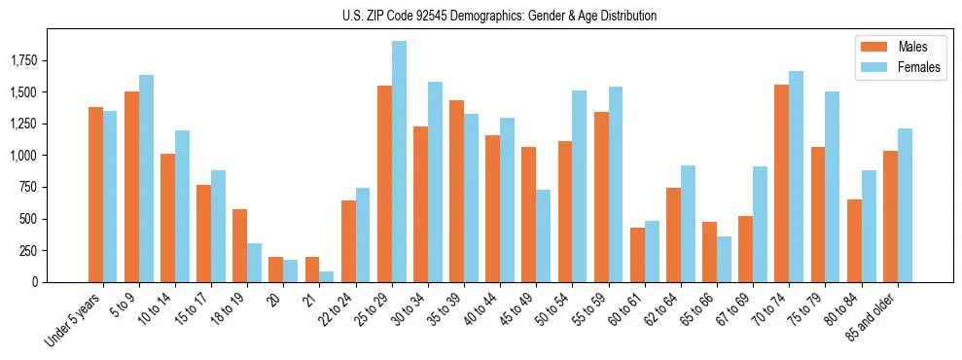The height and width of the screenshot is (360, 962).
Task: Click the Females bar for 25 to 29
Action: (399, 162)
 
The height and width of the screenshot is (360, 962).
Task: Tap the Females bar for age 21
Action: (327, 276)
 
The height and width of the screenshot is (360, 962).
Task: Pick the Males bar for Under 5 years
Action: (95, 195)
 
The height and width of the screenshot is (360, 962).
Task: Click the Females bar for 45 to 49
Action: (544, 235)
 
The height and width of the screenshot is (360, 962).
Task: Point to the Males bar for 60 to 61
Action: (637, 255)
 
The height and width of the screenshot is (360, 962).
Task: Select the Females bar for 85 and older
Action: (905, 205)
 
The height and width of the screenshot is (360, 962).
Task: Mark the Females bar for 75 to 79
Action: (833, 187)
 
